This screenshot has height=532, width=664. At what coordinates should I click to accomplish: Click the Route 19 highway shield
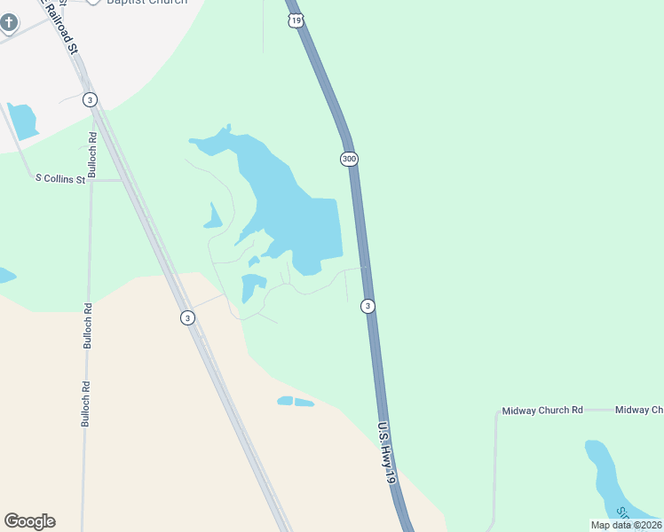pyautogui.click(x=296, y=19)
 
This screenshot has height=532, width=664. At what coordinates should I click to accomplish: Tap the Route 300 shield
pyautogui.click(x=349, y=159)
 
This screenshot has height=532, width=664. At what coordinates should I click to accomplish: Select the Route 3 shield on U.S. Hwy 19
pyautogui.click(x=368, y=306)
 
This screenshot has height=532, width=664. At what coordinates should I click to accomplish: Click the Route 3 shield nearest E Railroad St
pyautogui.click(x=90, y=99)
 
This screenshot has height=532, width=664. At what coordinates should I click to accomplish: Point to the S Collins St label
pyautogui.click(x=59, y=179)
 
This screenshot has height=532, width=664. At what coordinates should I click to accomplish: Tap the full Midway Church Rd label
pyautogui.click(x=541, y=411)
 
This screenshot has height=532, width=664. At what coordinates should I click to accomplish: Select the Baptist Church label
pyautogui.click(x=146, y=3)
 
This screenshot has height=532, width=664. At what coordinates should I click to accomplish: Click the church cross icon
pyautogui.click(x=8, y=23)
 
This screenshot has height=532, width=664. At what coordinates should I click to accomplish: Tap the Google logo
pyautogui.click(x=29, y=520)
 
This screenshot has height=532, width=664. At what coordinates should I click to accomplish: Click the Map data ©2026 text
pyautogui.click(x=627, y=525)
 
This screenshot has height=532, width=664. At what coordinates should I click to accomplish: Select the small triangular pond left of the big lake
pyautogui.click(x=212, y=217)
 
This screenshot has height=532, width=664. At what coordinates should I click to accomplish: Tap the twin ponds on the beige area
pyautogui.click(x=296, y=402)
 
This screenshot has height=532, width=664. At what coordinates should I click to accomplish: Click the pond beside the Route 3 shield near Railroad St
pyautogui.click(x=23, y=120)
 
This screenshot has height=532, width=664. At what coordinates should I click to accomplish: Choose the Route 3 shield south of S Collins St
pyautogui.click(x=186, y=317)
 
